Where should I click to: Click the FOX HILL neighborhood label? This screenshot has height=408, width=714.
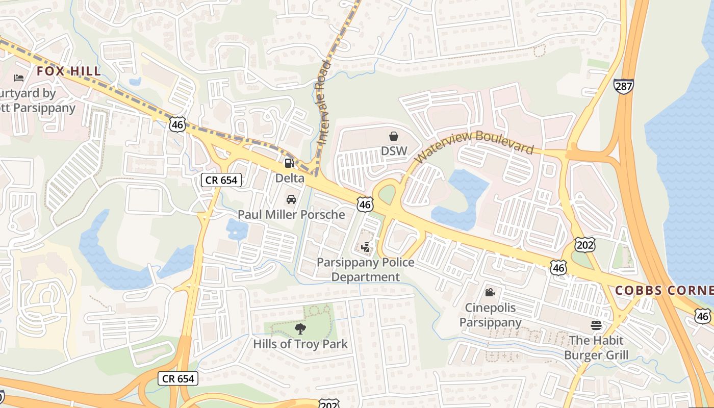69,71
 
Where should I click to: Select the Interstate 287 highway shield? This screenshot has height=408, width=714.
623,86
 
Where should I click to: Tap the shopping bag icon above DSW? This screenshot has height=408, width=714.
394,136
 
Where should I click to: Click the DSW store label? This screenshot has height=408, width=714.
394,151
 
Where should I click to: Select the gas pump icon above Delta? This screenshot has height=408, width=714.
289,163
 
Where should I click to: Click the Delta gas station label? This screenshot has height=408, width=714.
290,178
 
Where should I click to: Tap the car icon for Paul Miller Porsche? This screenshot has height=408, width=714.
291,199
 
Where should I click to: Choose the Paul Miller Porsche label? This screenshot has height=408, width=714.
291,214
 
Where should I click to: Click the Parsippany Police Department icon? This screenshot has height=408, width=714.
366,248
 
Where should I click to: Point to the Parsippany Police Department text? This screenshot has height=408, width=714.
366,270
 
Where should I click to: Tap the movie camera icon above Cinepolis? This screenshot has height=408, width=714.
490,292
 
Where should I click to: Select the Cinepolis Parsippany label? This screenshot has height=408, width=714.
490,315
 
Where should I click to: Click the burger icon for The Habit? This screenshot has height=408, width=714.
596,325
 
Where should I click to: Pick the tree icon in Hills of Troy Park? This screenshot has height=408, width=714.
300,329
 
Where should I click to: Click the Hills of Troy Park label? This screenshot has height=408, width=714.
300,344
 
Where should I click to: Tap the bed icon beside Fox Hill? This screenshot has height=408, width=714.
19,78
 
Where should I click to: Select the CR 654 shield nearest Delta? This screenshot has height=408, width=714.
221,180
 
